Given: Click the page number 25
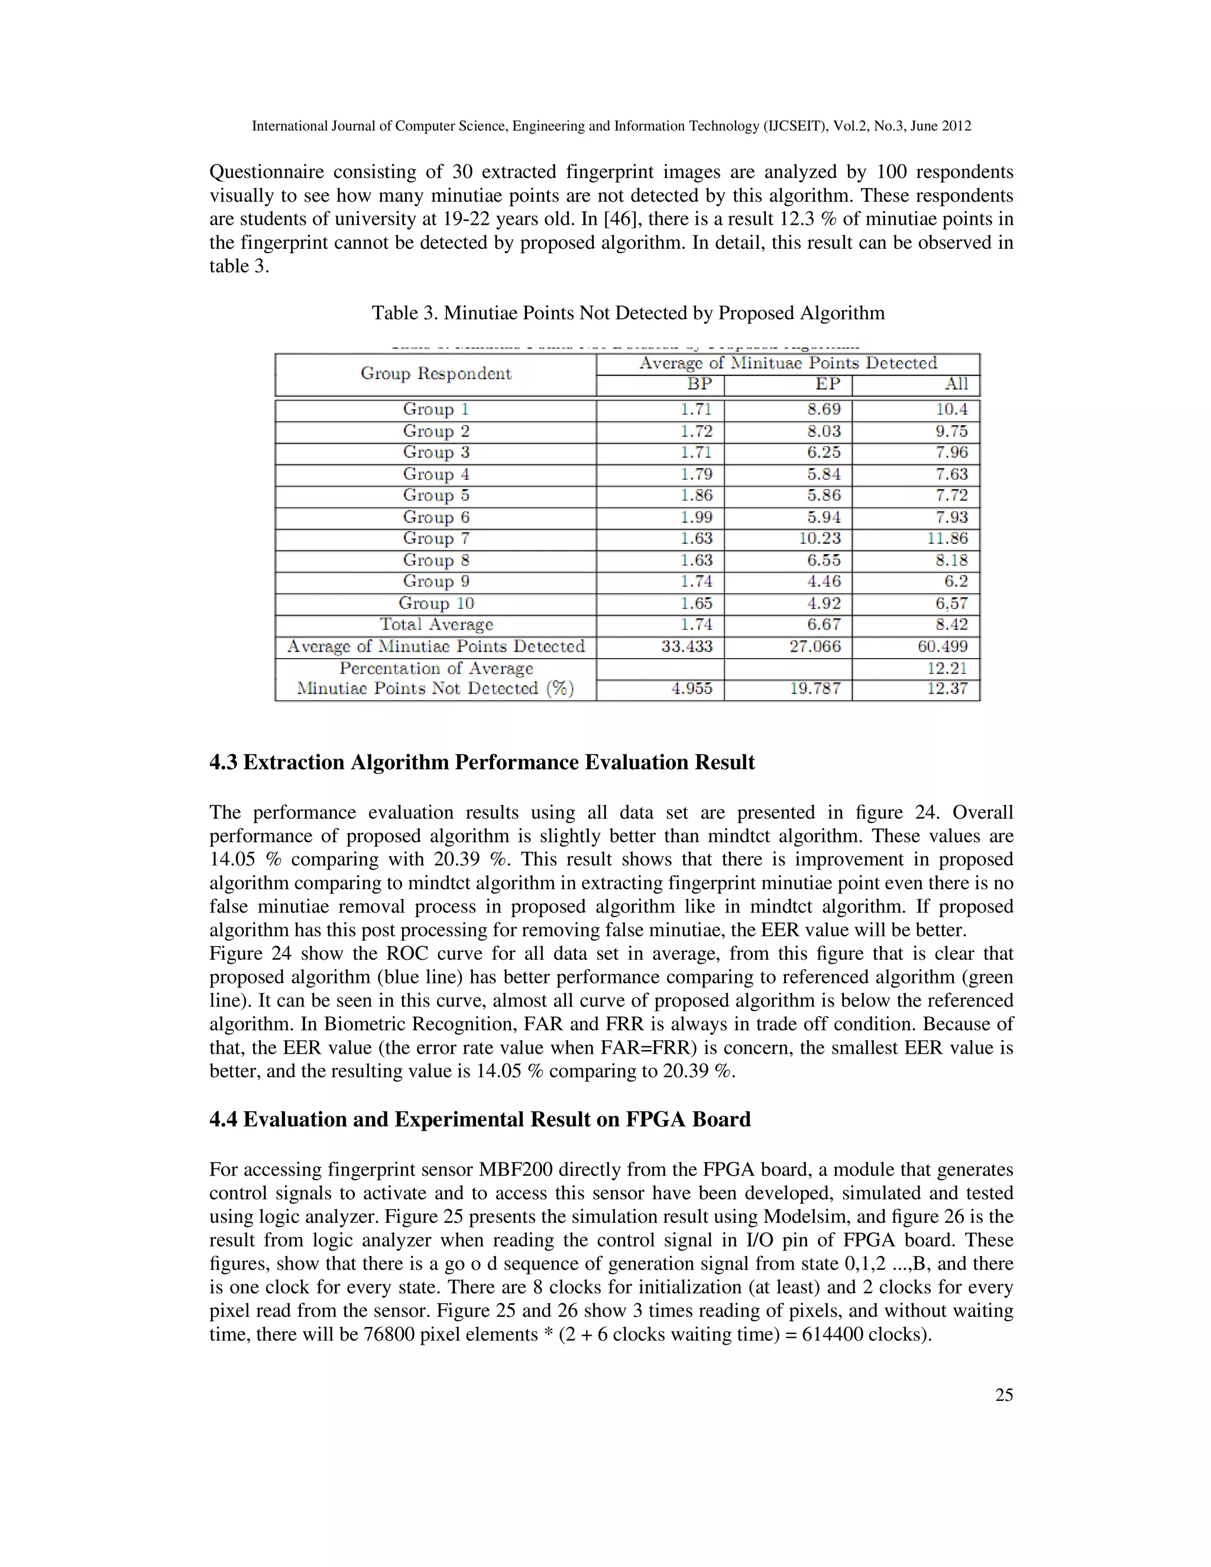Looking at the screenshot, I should click(x=1003, y=1395).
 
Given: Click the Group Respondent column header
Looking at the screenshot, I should click(x=435, y=374).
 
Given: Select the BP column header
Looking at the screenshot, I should click(x=699, y=384).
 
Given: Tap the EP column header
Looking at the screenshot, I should click(x=827, y=384).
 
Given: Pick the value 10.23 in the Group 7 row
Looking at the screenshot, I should click(x=820, y=539).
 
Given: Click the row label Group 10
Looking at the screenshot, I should click(x=436, y=603).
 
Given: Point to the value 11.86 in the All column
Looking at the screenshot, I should click(x=947, y=539).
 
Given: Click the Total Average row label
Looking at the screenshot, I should click(x=436, y=625).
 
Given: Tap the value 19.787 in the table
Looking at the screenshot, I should click(x=815, y=689).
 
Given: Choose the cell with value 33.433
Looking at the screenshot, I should click(x=687, y=646).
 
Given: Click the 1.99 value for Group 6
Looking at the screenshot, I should click(x=696, y=517).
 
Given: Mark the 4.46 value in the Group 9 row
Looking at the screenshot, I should click(x=824, y=582).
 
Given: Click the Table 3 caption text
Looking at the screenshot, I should click(x=628, y=313).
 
